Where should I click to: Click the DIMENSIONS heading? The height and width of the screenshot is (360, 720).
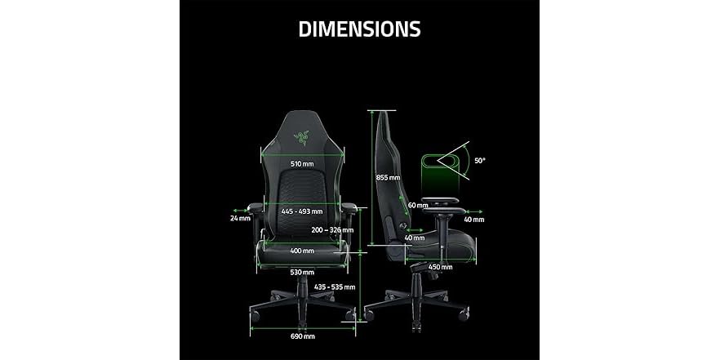click(x=359, y=29)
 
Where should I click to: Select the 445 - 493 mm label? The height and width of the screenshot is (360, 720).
click(x=302, y=211)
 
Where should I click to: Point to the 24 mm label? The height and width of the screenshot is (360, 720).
click(x=240, y=219)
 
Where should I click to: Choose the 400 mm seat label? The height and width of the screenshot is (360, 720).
click(x=302, y=251)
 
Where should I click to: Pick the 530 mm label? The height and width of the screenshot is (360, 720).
click(x=302, y=271)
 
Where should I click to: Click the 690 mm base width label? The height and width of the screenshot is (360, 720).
click(x=302, y=336)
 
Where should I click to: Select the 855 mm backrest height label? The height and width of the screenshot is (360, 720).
click(x=388, y=177)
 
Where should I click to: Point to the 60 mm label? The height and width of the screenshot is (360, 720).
click(x=417, y=205)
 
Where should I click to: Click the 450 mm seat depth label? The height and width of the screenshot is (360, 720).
click(x=441, y=266)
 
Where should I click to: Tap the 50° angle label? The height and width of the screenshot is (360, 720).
click(x=480, y=161)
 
